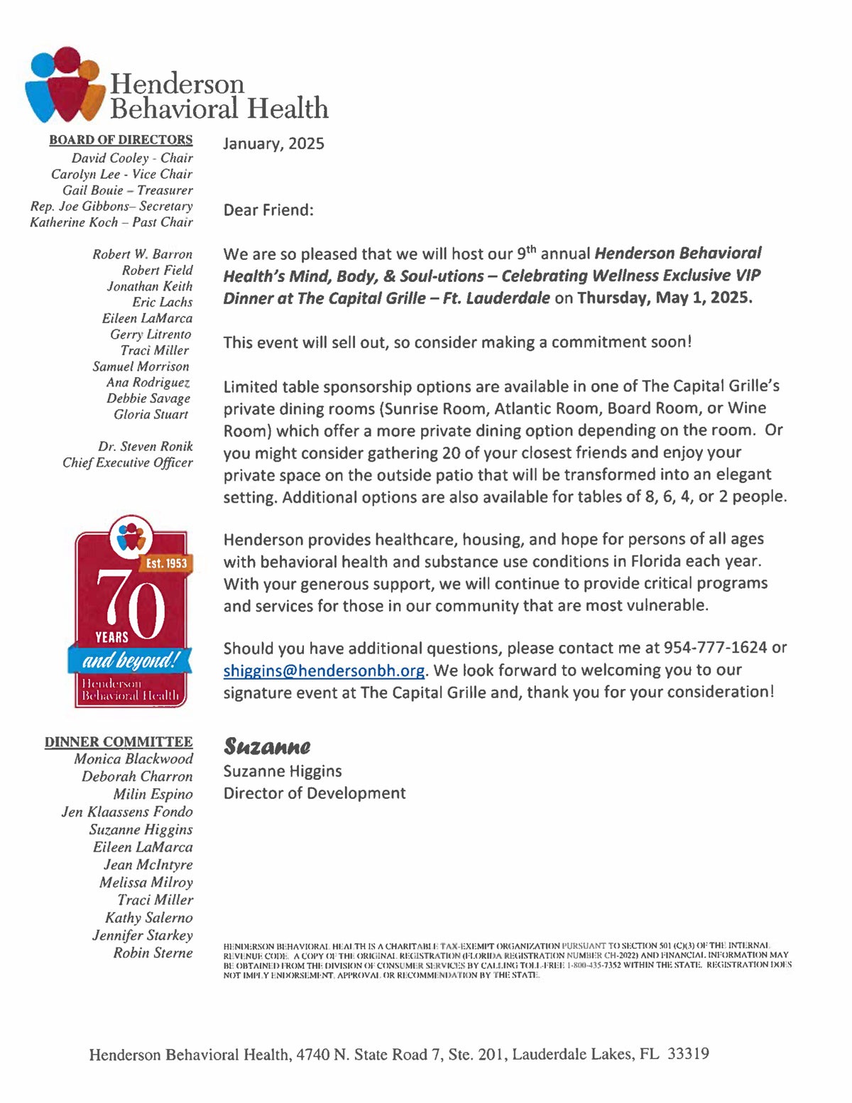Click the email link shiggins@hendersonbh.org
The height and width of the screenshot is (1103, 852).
coord(324,671)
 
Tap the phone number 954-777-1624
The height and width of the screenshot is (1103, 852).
coord(715,648)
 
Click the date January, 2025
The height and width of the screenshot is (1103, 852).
coord(273,144)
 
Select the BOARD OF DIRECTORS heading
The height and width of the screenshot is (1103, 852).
coord(121,140)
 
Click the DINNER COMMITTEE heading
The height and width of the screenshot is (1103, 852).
coord(119,742)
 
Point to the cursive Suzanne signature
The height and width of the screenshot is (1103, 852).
coord(267,746)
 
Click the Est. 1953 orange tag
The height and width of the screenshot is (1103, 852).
coord(166,563)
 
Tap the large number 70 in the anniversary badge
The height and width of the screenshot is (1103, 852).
coord(130,604)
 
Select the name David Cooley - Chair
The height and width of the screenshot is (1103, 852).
coord(132,158)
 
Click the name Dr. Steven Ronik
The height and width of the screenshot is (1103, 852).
coord(146,447)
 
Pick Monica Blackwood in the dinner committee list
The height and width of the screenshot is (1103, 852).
coord(133,759)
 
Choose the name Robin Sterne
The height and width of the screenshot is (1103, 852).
coord(153,953)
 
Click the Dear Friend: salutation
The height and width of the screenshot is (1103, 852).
coord(268,210)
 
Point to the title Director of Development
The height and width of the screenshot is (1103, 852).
coord(315,793)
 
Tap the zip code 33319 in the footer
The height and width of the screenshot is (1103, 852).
coord(688,1054)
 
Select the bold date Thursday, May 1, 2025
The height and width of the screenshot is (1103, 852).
coord(665,298)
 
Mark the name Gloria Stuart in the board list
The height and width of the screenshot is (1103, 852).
coord(151,415)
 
